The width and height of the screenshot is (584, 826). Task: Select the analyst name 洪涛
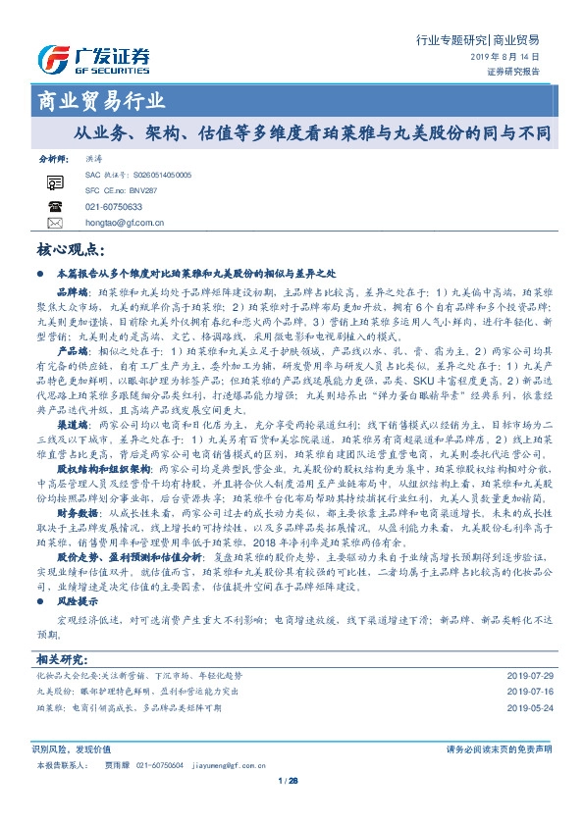(94, 158)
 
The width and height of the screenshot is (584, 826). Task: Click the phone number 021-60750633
(114, 207)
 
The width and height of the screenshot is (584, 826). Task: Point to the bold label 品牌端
(72, 292)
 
